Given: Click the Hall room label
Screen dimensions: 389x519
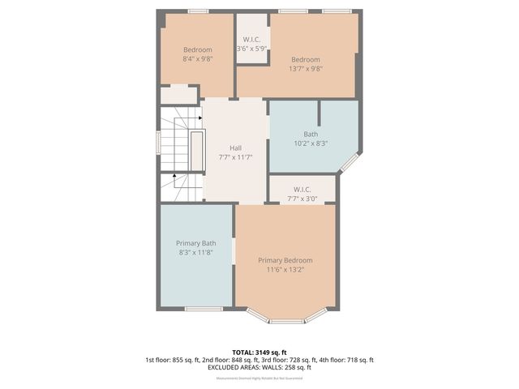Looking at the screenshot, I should click(235, 147).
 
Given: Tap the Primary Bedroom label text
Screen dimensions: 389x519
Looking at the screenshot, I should click(285, 260).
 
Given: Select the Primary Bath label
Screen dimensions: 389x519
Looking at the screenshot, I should click(196, 243).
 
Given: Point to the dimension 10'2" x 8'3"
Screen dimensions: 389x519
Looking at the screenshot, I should click(311, 143).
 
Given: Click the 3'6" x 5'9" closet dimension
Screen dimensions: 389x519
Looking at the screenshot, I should click(252, 49).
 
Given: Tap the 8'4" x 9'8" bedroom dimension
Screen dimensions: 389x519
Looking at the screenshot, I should click(197, 58).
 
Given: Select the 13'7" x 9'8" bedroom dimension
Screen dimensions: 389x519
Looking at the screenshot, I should click(306, 69).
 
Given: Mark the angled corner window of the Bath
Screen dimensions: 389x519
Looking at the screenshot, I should click(350, 162).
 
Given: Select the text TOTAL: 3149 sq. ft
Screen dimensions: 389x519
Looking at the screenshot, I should click(259, 351).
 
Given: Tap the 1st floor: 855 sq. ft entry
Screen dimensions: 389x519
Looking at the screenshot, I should click(173, 359).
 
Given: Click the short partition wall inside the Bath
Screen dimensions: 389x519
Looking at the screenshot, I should click(320, 113).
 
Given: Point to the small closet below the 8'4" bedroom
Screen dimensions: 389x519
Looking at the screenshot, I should click(178, 95).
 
